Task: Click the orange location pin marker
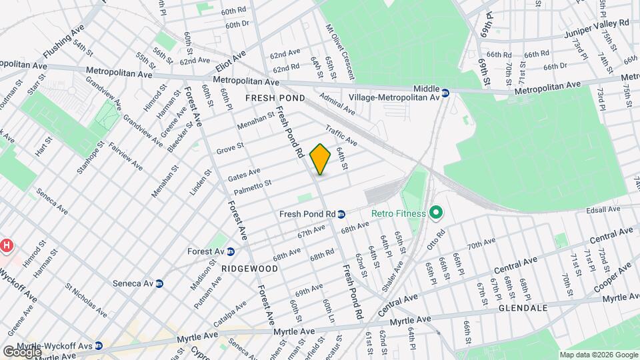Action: click(321, 159)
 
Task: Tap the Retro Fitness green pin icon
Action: click(437, 213)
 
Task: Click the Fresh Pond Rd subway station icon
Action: click(341, 214)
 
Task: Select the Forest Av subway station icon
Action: click(230, 251)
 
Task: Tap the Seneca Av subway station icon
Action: click(159, 283)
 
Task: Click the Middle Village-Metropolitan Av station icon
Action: click(445, 93)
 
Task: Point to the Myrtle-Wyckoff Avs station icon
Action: click(99, 345)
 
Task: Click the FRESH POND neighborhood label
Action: click(275, 98)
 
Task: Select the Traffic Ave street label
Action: click(341, 135)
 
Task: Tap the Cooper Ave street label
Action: click(613, 277)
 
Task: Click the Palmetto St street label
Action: click(253, 187)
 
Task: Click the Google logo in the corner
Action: click(22, 351)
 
